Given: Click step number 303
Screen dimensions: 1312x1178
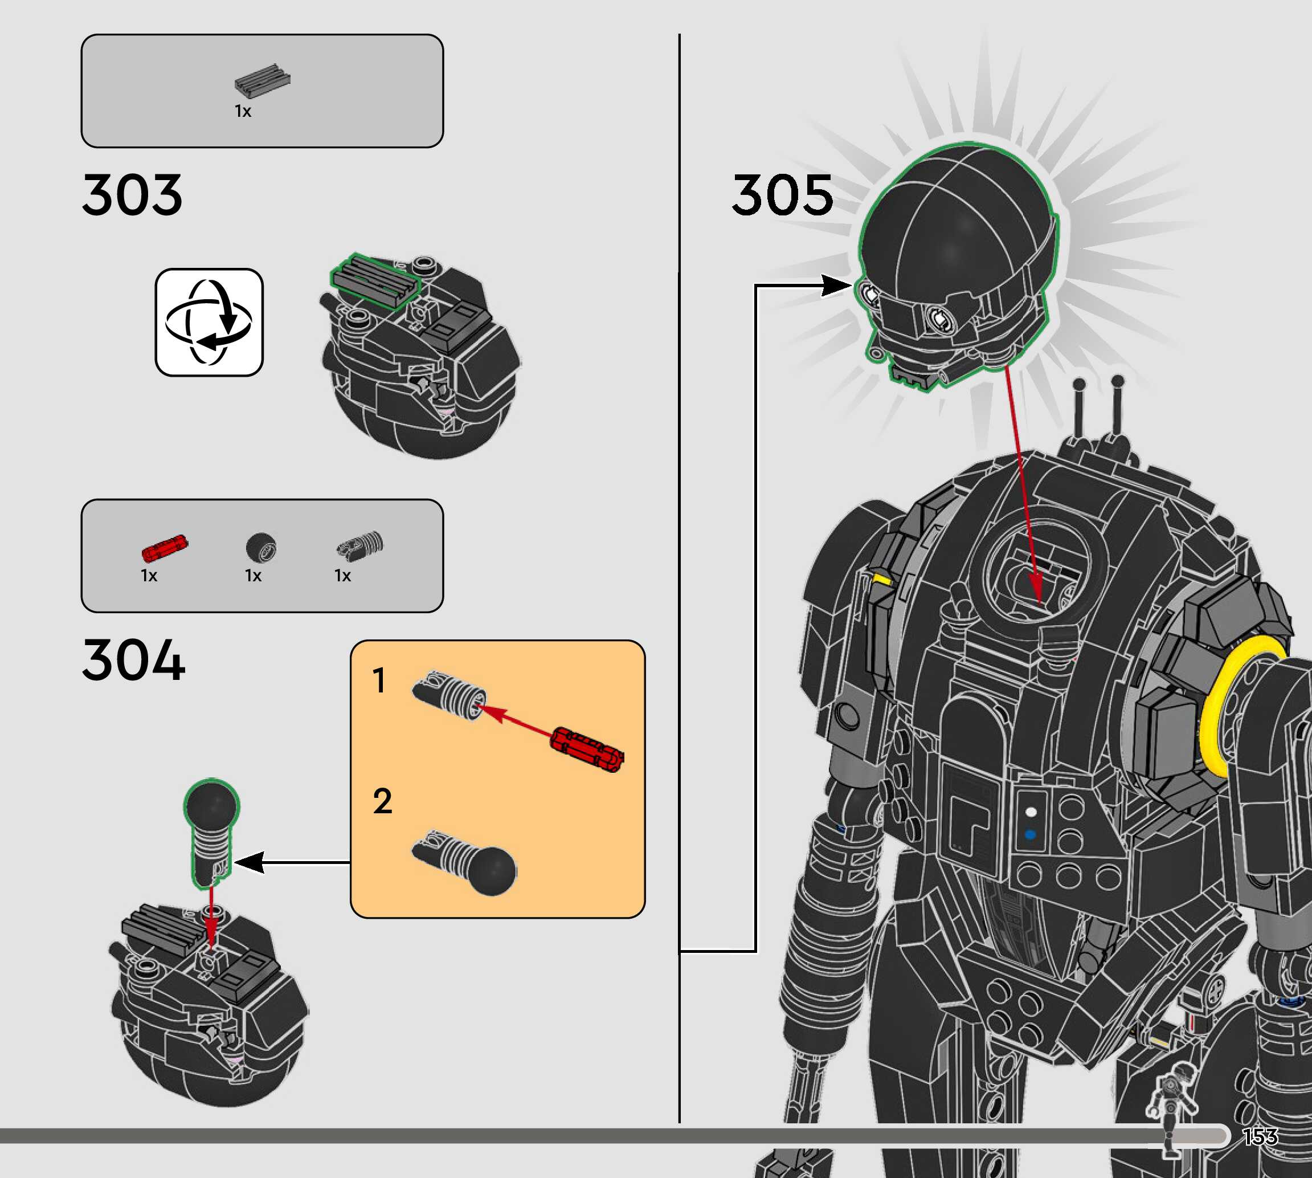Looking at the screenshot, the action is pos(132,195).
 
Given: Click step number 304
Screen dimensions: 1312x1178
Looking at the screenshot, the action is pos(133,659).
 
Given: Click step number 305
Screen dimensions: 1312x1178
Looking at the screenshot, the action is pos(782,195).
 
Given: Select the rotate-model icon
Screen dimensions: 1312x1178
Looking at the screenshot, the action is pos(209,323).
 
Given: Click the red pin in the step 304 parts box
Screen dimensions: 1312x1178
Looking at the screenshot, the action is pos(164,548).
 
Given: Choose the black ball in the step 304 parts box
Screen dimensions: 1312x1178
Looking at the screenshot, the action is pos(261,547).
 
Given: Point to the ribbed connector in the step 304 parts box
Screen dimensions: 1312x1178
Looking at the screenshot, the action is pos(361,545).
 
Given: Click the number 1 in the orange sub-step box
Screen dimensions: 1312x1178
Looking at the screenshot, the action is pos(379,681).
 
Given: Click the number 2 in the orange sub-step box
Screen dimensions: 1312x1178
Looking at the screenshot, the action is pos(382,801).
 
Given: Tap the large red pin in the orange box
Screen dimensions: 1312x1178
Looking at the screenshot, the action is pos(587,749).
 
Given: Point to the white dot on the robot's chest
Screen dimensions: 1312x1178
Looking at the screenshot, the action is pos(1031,812).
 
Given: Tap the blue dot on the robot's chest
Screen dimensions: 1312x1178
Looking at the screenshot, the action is pos(1031,835).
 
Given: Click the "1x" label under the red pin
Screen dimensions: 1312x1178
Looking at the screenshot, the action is pos(149,576).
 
